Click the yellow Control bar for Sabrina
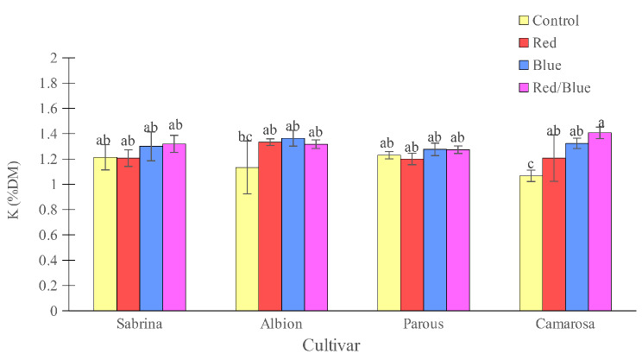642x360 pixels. click(x=105, y=234)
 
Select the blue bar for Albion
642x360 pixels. click(x=293, y=224)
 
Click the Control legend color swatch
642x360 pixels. click(x=523, y=21)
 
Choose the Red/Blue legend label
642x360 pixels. click(x=562, y=87)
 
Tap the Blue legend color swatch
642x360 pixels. click(x=523, y=66)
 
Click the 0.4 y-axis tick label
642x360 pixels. click(x=52, y=260)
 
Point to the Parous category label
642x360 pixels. click(x=424, y=325)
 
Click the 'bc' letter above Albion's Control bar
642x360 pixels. click(x=247, y=136)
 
